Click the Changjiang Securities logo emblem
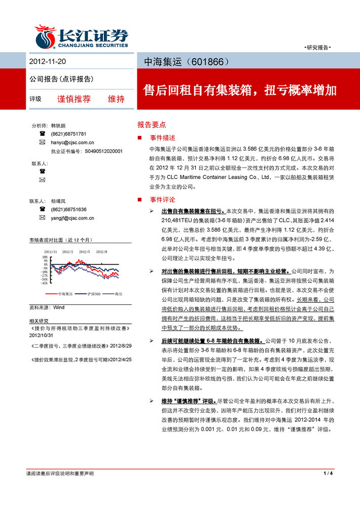point(45,37)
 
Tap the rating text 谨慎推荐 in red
point(74,99)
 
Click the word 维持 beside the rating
point(116,99)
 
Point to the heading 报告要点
point(152,125)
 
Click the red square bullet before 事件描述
point(140,138)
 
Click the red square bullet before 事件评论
point(140,200)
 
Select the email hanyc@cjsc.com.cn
point(73,142)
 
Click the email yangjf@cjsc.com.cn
point(73,218)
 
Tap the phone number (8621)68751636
point(68,209)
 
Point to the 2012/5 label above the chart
point(84,251)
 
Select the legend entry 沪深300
point(93,294)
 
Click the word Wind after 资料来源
point(59,307)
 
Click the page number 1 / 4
point(327,473)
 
